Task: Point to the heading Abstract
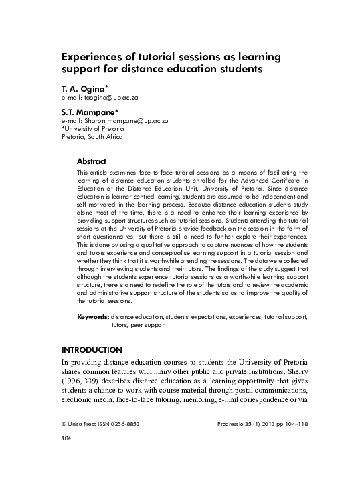click(x=92, y=161)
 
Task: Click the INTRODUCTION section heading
click(x=92, y=350)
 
